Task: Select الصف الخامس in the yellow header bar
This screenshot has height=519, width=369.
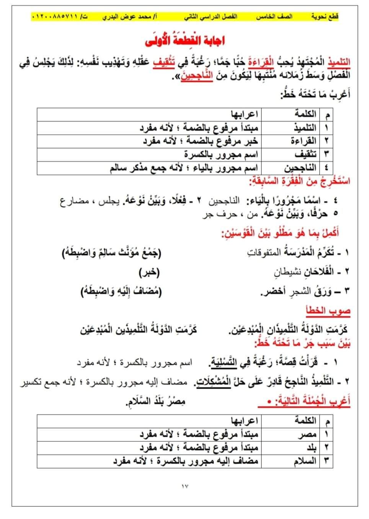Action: [x=274, y=17]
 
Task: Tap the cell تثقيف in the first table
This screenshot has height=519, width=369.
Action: [x=306, y=154]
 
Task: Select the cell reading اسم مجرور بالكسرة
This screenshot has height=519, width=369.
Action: [x=221, y=154]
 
